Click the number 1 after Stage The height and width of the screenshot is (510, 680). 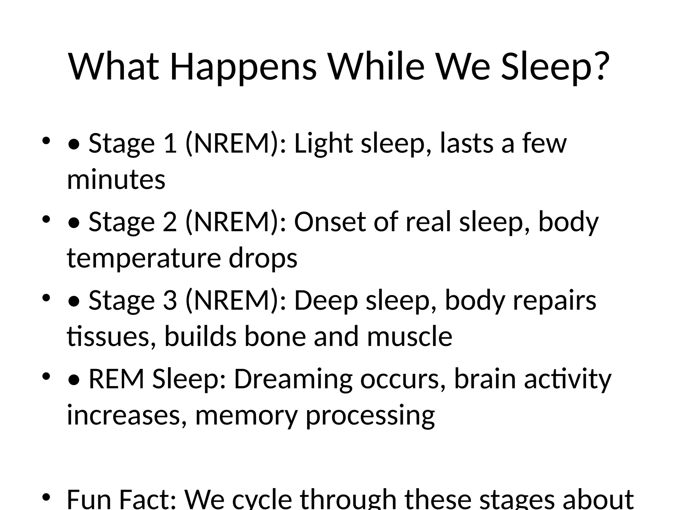click(x=170, y=143)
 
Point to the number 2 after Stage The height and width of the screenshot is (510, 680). click(x=170, y=222)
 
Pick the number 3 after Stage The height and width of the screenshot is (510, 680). click(x=170, y=300)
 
